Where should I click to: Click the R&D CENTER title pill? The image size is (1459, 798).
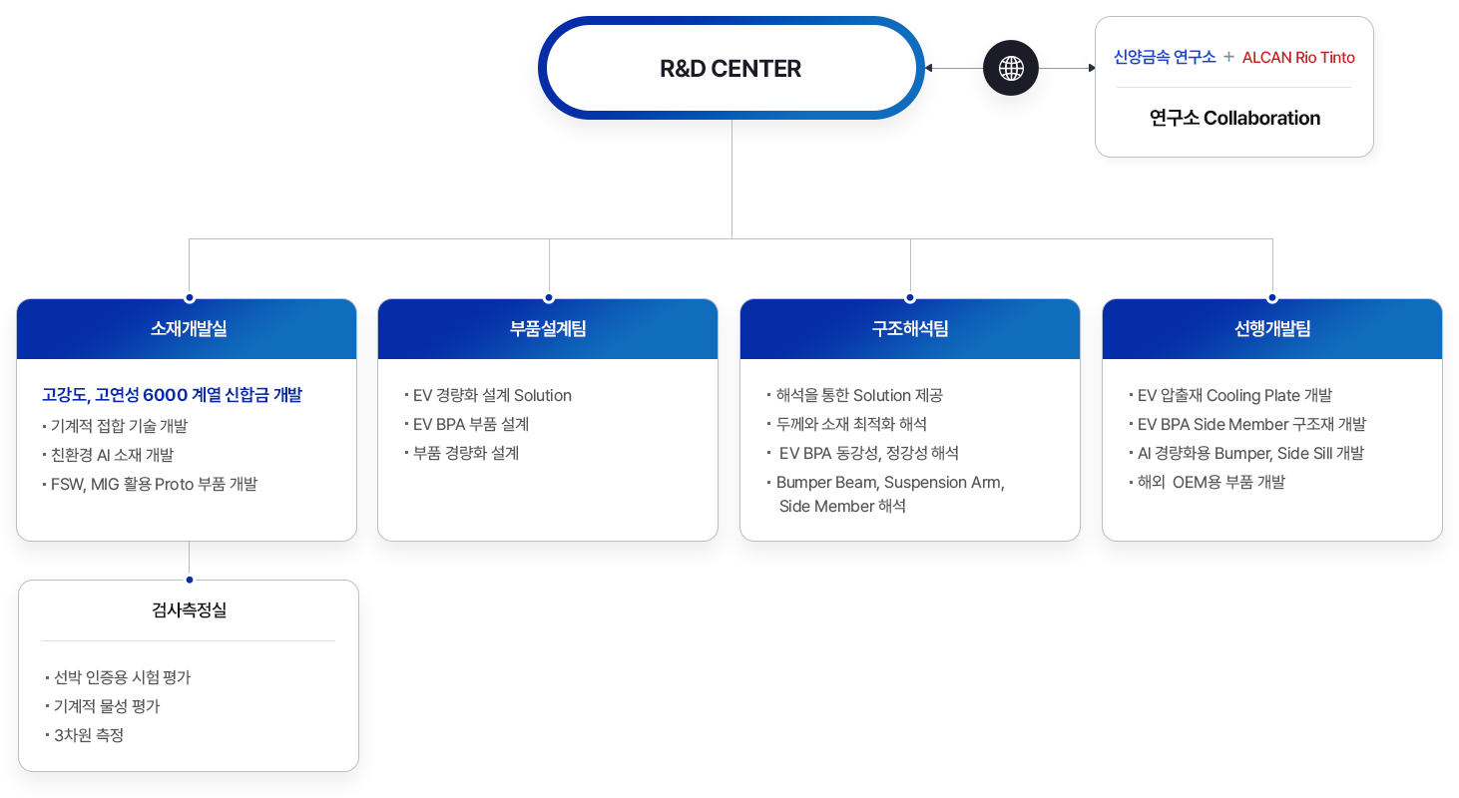[x=730, y=69]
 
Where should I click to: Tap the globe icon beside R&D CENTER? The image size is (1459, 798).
[x=1011, y=69]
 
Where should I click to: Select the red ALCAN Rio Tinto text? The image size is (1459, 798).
[x=1298, y=58]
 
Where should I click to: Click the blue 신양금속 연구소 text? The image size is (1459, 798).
[x=1165, y=58]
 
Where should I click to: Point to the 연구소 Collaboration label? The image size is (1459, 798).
[x=1234, y=118]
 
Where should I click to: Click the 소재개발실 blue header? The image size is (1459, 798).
[x=188, y=329]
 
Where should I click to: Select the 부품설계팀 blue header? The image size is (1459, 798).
[x=548, y=329]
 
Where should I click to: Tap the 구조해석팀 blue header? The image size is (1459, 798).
[x=910, y=329]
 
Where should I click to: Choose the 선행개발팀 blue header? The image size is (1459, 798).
[x=1272, y=329]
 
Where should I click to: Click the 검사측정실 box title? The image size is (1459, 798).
[x=189, y=610]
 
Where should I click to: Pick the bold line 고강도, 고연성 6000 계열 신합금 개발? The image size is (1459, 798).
[x=172, y=395]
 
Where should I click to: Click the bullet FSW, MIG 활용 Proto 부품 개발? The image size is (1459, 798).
[x=154, y=484]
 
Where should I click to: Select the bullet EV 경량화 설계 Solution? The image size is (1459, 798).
[x=492, y=396]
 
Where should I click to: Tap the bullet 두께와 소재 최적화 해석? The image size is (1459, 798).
[x=851, y=424]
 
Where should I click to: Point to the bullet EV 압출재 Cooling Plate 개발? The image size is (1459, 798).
[x=1234, y=396]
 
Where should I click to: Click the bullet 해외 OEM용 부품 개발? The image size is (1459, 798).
[x=1211, y=483]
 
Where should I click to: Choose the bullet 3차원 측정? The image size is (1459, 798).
[x=89, y=735]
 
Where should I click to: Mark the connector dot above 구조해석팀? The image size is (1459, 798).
[x=910, y=297]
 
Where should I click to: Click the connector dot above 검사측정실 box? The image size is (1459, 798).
[x=190, y=579]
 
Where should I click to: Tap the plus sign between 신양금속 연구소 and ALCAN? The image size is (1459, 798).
[x=1228, y=58]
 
